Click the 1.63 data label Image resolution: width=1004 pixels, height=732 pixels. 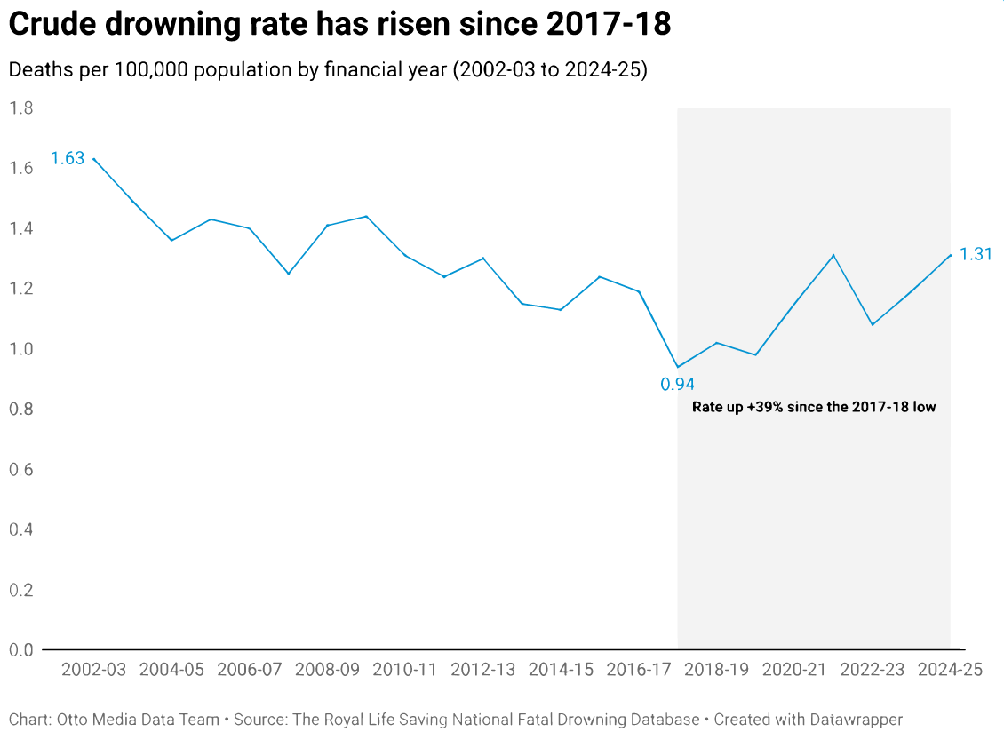click(x=68, y=159)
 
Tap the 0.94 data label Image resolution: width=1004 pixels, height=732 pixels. click(x=677, y=385)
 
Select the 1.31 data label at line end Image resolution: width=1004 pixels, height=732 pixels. click(x=976, y=255)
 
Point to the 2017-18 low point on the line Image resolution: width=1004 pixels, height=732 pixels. click(x=678, y=367)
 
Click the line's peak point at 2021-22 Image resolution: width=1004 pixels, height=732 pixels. click(x=833, y=255)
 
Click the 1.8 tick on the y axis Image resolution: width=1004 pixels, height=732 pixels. click(x=21, y=108)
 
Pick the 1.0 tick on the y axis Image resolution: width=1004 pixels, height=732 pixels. click(x=21, y=349)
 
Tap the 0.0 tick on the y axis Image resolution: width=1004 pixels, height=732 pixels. click(x=21, y=649)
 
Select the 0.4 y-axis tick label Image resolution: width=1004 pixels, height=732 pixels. click(x=21, y=529)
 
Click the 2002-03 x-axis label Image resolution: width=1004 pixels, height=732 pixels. click(x=93, y=670)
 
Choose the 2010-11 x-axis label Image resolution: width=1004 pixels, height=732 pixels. click(x=404, y=670)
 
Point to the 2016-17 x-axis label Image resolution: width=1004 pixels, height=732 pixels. click(x=639, y=670)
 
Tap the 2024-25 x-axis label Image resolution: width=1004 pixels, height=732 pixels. click(x=950, y=670)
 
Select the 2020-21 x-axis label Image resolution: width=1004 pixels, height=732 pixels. click(x=794, y=670)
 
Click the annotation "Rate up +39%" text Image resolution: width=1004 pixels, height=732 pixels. click(x=814, y=408)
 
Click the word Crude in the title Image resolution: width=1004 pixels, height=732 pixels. click(x=52, y=26)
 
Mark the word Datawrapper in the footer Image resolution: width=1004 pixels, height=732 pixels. click(x=854, y=719)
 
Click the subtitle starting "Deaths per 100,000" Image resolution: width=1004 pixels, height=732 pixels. click(x=327, y=70)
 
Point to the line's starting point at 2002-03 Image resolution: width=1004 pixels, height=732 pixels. click(x=93, y=159)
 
